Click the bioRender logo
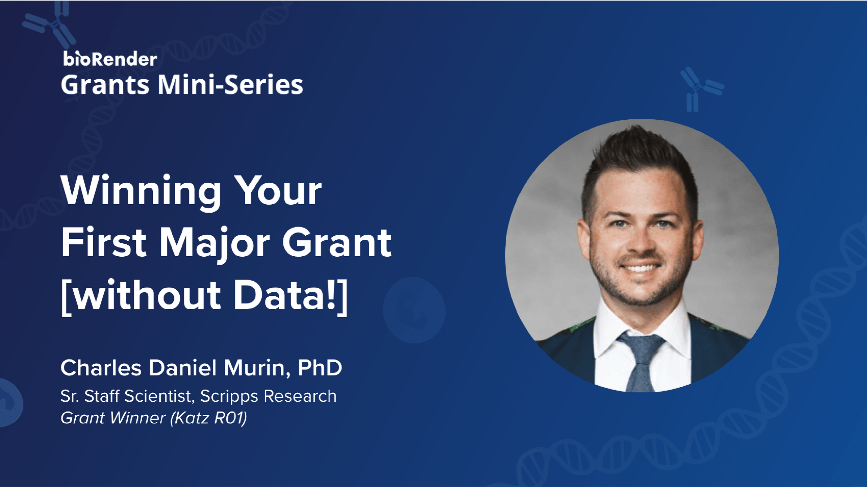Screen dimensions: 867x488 tap(110, 59)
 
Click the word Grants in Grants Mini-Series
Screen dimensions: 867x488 tap(105, 85)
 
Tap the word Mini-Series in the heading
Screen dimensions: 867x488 tap(230, 84)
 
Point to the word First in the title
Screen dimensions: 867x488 tap(103, 243)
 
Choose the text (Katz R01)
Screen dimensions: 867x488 tap(209, 418)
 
